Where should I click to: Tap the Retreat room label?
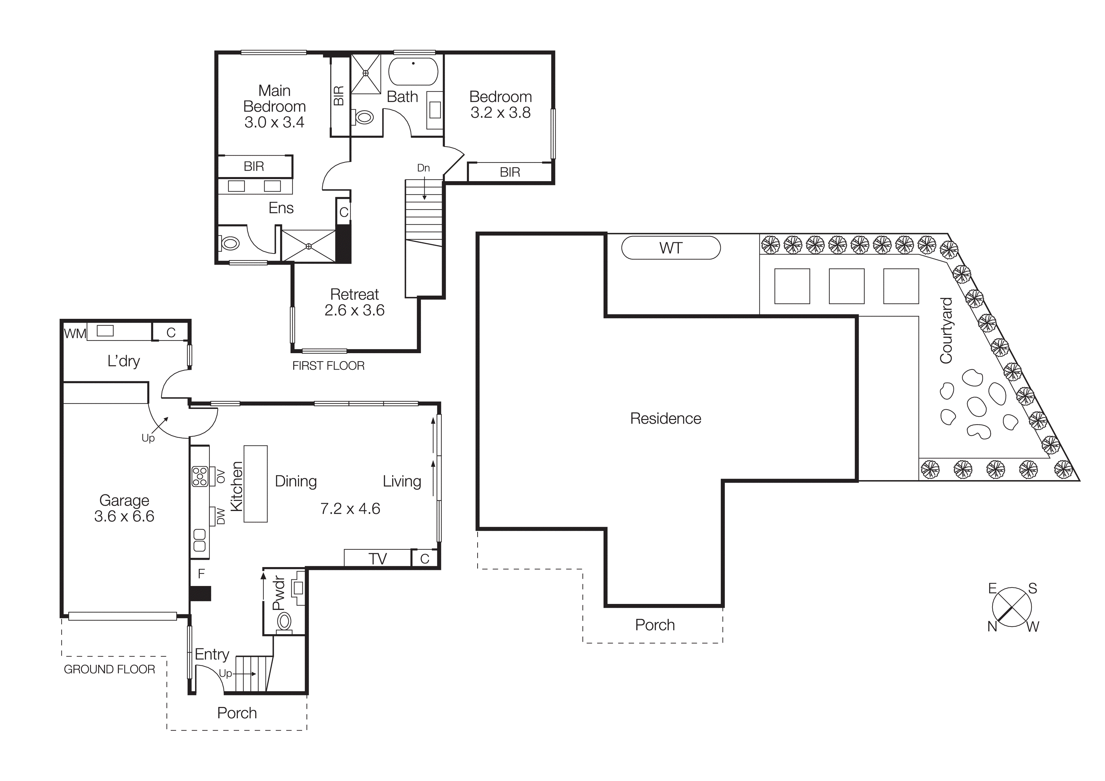pos(354,294)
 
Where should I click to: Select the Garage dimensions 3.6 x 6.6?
pos(124,516)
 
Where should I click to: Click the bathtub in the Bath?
pos(413,72)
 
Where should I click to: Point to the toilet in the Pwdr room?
pos(284,622)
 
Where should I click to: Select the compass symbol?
pos(1012,607)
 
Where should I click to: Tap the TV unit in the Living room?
pos(377,558)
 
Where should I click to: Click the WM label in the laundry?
pos(75,333)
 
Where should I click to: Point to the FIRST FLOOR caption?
pos(328,366)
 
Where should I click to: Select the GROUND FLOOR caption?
pos(109,669)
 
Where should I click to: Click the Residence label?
pos(665,419)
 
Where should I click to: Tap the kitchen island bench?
pos(255,484)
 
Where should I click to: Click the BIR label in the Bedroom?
pos(510,172)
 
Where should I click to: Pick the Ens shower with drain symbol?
pos(308,246)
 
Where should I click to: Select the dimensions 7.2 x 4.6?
pos(350,508)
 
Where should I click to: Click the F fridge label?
pos(201,574)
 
